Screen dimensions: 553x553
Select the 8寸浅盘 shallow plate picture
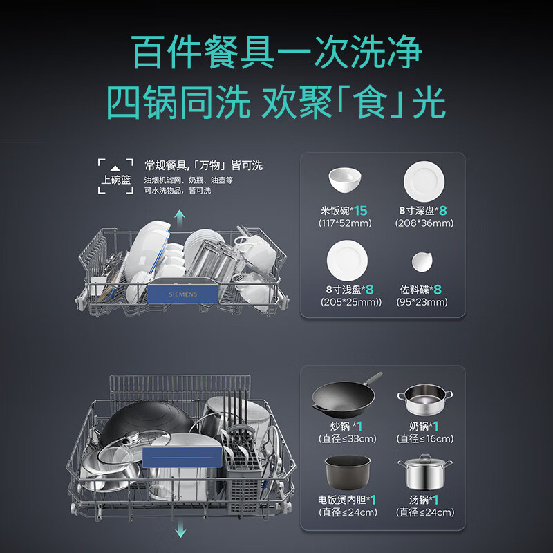point(346,258)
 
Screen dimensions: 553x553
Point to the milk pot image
point(424,400)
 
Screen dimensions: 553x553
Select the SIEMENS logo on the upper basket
point(182,294)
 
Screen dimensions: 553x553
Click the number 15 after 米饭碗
point(361,210)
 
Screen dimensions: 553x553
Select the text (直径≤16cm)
point(425,439)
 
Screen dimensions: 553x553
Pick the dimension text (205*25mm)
point(346,302)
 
